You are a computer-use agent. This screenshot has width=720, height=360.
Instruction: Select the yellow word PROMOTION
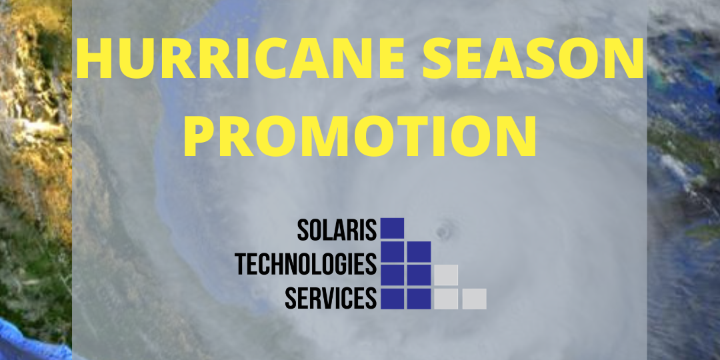click(x=360, y=136)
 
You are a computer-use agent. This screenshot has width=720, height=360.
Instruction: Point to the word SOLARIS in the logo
click(x=337, y=229)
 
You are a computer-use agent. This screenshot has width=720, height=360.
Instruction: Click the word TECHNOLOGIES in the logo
click(x=306, y=264)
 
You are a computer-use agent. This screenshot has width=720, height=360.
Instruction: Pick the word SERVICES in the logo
click(x=331, y=298)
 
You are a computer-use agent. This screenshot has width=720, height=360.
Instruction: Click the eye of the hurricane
click(x=442, y=232)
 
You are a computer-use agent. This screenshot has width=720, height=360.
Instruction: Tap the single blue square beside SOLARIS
click(x=392, y=228)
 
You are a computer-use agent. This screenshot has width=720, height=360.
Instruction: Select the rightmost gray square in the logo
click(x=474, y=299)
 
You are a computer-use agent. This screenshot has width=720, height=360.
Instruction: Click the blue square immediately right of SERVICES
click(x=392, y=298)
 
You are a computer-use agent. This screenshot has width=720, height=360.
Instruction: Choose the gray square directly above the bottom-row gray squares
click(x=446, y=275)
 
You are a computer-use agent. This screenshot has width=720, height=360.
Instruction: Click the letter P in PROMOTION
click(x=203, y=136)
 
